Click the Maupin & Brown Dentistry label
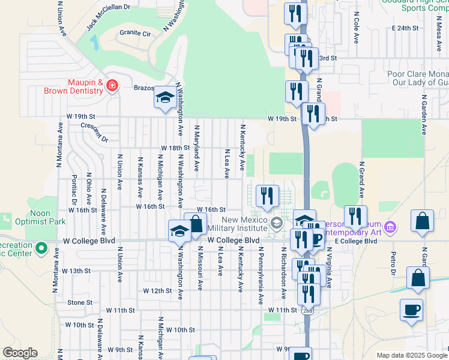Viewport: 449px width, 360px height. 73,86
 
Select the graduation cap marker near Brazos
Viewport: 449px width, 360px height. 164,99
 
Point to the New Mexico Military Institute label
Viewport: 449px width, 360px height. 237,224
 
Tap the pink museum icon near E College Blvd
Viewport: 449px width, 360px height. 390,227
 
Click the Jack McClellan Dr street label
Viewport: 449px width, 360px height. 108,16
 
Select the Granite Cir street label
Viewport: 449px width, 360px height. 134,33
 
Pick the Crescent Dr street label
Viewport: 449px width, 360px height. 94,132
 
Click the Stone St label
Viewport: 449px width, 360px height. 80,302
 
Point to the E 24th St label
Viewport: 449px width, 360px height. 404,28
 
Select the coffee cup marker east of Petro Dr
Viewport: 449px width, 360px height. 411,310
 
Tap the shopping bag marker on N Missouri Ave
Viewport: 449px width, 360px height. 195,224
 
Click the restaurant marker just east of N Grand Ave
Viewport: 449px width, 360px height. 355,217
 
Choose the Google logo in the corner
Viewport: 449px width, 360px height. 20,353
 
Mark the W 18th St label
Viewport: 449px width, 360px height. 175,148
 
